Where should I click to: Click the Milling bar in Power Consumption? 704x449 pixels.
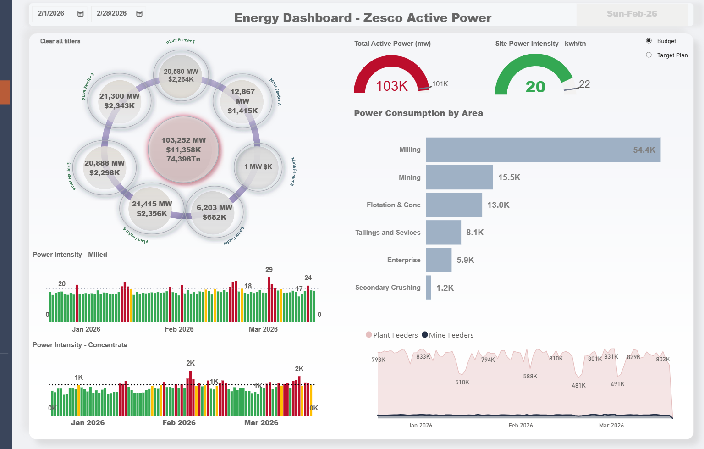[543, 150]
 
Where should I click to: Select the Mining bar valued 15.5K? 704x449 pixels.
[459, 177]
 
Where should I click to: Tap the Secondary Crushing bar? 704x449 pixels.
[429, 288]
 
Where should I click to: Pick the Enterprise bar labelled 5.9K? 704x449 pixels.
[439, 260]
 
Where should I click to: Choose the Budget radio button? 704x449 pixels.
[649, 41]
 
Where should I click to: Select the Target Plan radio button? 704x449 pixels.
[649, 55]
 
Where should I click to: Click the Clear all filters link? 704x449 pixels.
[60, 41]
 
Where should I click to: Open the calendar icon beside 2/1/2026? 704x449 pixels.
[81, 14]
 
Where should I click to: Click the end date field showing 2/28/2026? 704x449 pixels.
[112, 14]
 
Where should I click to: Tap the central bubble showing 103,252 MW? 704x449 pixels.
[183, 150]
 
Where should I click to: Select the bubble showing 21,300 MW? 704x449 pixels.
[120, 101]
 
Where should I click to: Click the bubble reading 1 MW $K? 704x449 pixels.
[258, 167]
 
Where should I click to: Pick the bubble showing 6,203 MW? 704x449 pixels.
[214, 212]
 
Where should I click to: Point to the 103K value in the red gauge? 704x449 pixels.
[392, 86]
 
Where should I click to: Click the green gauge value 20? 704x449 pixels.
[535, 87]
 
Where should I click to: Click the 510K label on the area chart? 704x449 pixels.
[462, 382]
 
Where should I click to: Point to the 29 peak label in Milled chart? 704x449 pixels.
[269, 270]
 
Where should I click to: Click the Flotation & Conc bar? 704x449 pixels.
[454, 205]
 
